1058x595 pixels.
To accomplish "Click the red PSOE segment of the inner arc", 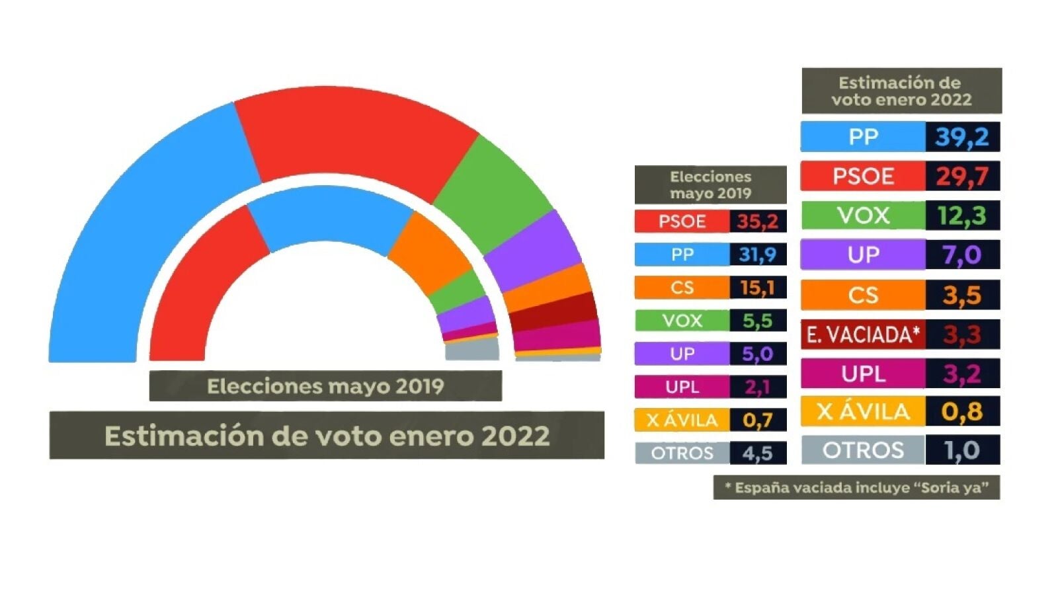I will [x=198, y=291].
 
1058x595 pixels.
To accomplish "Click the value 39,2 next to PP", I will [x=962, y=137].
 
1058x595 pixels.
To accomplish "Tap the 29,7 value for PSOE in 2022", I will [x=962, y=177].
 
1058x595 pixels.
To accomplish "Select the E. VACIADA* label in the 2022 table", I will [x=863, y=335].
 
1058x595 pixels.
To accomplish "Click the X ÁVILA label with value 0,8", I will [x=863, y=412].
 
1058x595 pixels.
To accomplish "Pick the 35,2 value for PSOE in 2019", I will [x=758, y=221].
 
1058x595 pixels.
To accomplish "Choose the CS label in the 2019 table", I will [x=682, y=288].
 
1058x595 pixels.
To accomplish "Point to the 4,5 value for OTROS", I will [x=758, y=453].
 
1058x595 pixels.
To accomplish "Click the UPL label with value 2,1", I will [x=682, y=387].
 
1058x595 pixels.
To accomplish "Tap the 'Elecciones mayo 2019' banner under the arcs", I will [x=325, y=386].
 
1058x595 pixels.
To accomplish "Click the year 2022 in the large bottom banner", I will [x=515, y=436].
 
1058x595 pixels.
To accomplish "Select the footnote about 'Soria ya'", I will [x=856, y=488].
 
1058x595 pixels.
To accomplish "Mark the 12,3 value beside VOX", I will [x=962, y=216].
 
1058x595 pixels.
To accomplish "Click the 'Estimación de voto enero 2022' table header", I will [x=901, y=91].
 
